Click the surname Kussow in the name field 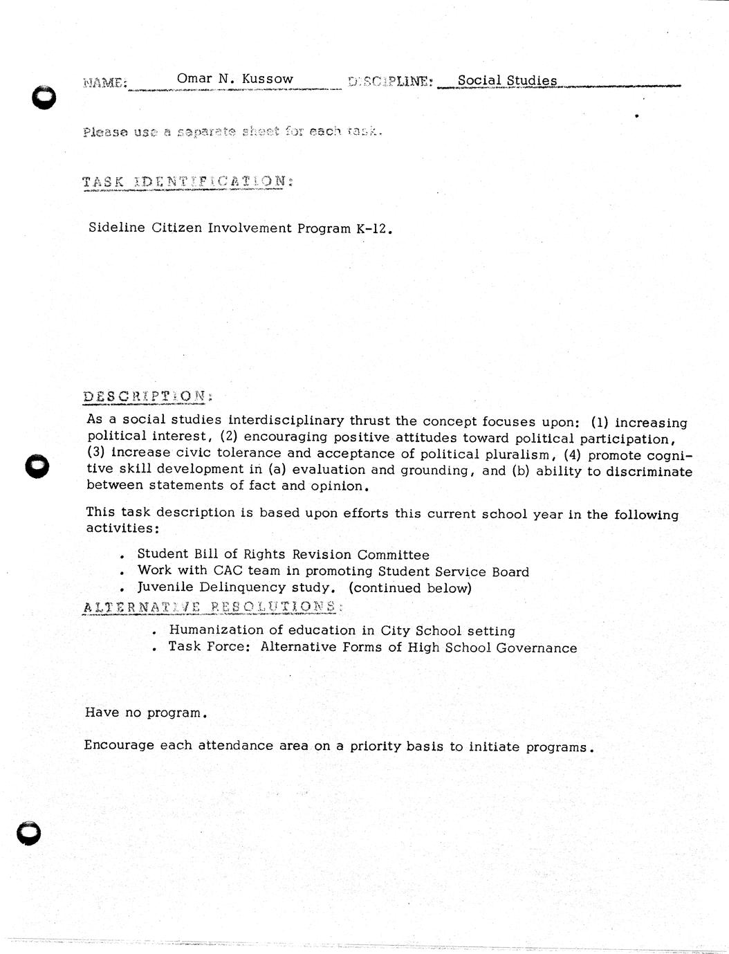267,79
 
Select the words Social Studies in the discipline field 507,80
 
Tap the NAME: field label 104,82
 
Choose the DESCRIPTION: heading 147,396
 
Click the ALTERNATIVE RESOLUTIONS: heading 211,607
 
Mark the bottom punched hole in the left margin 29,833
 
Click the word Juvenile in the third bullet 165,587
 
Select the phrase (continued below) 410,588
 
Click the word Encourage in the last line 118,746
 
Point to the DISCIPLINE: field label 391,81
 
